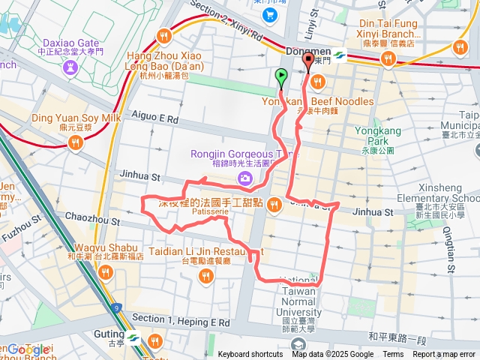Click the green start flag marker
click(281, 76)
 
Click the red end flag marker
click(307, 62)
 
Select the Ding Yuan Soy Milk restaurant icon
click(73, 142)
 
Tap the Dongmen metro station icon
click(339, 54)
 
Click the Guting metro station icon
click(134, 337)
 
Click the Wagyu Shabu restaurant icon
click(105, 272)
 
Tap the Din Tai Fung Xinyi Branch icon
click(388, 58)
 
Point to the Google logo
click(28, 349)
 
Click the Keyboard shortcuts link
click(250, 355)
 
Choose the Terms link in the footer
click(393, 355)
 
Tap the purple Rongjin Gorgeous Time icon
click(244, 178)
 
